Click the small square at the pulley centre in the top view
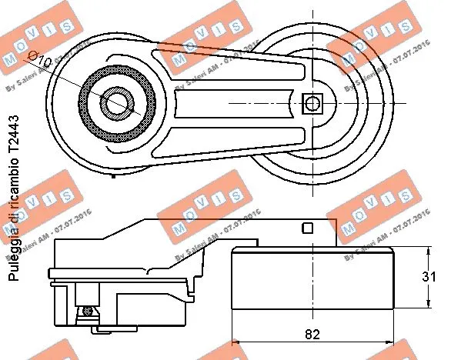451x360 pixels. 312,102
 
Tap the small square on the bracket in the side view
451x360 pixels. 306,227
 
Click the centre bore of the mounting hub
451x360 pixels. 116,102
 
